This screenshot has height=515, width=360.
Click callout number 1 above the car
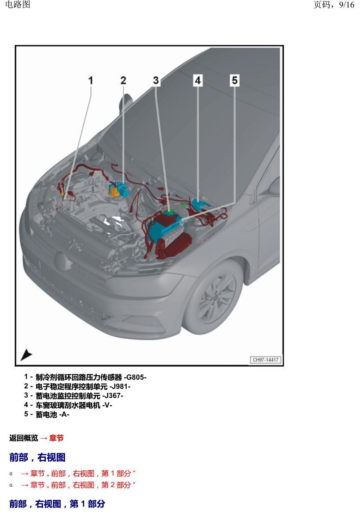tap(91, 80)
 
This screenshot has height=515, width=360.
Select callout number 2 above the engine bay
tap(123, 80)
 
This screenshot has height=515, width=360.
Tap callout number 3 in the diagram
tap(156, 80)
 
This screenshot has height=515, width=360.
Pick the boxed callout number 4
tap(198, 80)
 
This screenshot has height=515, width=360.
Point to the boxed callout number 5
tap(235, 80)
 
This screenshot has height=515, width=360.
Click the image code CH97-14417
tap(266, 359)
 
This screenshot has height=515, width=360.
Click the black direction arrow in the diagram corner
tap(26, 355)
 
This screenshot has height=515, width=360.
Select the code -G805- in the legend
tap(135, 377)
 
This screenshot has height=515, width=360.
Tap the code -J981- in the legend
tap(120, 386)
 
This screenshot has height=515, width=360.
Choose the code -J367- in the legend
tap(113, 396)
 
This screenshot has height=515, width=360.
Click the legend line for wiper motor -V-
tap(68, 405)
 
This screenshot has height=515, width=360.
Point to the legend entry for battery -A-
tap(47, 414)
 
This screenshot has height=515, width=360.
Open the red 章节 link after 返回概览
tap(57, 438)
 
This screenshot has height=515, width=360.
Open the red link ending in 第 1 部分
tap(78, 473)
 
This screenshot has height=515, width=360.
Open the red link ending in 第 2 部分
tap(78, 485)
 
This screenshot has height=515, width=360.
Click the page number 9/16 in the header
tap(346, 5)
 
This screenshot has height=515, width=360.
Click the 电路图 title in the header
tap(18, 4)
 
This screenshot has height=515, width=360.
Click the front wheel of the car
tap(213, 296)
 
